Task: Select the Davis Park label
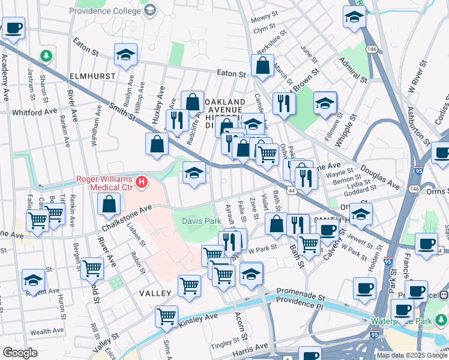[197, 221]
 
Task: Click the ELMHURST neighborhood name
[91, 77]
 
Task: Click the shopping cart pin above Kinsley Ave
[166, 315]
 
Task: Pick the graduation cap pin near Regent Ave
[33, 280]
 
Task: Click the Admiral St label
[353, 70]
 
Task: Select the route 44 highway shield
[291, 190]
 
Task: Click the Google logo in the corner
[20, 353]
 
